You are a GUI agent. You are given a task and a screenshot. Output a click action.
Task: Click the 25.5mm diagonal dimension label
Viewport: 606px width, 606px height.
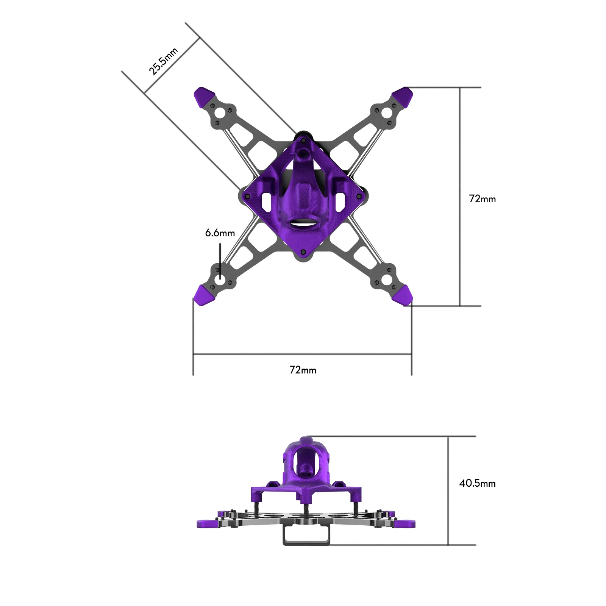[x=163, y=62]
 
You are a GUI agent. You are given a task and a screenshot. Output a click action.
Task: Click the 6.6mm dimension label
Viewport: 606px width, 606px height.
[x=220, y=233]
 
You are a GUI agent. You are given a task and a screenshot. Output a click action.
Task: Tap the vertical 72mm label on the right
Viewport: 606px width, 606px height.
[x=482, y=199]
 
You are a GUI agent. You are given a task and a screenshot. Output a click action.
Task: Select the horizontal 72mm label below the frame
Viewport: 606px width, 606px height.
[x=303, y=370]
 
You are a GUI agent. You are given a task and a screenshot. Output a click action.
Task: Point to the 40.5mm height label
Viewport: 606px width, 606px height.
[x=477, y=483]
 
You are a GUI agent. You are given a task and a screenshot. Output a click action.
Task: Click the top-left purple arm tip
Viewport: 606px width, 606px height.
[x=204, y=96]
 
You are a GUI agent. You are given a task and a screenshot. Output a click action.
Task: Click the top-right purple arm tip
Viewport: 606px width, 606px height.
[x=403, y=96]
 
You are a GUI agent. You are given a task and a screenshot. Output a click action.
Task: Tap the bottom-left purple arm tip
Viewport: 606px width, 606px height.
[x=204, y=295]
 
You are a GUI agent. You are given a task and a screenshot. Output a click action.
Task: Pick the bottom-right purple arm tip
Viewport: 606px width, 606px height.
[x=403, y=295]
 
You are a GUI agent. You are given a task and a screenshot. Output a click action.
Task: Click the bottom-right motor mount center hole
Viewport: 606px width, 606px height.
[x=386, y=280]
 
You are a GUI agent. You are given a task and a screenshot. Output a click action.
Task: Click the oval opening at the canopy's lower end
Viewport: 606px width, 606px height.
[x=303, y=223]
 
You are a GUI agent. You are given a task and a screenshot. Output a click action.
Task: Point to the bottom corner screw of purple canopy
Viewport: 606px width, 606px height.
[x=303, y=252]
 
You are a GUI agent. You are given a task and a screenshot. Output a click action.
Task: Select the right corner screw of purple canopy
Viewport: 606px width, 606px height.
[x=359, y=197]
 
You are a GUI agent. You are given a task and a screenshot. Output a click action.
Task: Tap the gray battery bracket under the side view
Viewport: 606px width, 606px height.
[x=306, y=537]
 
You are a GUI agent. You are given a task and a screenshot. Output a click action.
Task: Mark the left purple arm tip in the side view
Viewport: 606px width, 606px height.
[x=208, y=524]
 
